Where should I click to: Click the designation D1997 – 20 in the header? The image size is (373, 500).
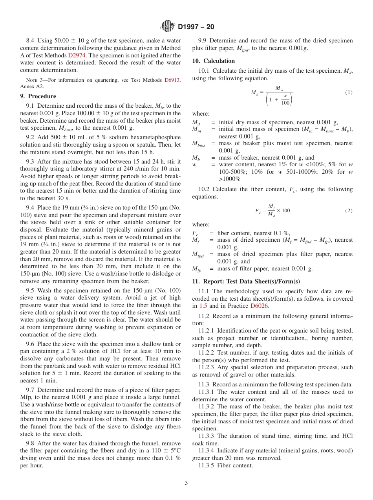pos(196,27)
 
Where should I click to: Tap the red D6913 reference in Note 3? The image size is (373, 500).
pos(172,80)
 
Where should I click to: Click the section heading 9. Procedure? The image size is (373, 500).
pos(38,96)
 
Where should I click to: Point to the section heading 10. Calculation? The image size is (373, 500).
pos(213,61)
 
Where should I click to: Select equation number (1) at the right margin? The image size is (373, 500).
pos(349,92)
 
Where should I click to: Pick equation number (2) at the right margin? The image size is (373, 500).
pos(349,211)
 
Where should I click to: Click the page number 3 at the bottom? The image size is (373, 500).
pos(186,483)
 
